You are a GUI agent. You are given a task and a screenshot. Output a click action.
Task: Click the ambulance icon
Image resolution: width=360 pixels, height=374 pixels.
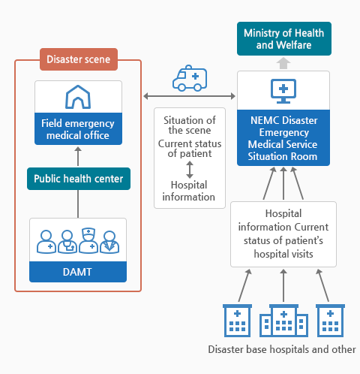point(190,78)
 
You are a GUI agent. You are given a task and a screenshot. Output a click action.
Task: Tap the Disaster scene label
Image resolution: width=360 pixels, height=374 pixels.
point(79,59)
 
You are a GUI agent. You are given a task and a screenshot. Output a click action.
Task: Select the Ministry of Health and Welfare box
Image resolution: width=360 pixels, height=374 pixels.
point(284,39)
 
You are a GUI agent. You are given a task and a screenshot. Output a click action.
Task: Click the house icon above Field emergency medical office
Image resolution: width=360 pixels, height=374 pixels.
point(78,97)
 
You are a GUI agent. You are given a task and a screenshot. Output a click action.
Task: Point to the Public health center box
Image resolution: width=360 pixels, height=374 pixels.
point(79,179)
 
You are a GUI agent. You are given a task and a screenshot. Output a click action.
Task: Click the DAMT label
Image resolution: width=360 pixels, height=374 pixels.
point(78,272)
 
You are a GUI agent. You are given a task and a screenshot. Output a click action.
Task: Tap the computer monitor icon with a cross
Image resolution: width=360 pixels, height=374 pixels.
point(283,91)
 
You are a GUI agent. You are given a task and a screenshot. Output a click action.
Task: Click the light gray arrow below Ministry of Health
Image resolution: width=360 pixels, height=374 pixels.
point(283,63)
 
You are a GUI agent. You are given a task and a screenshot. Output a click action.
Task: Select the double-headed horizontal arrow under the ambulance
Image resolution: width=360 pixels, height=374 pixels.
point(189,96)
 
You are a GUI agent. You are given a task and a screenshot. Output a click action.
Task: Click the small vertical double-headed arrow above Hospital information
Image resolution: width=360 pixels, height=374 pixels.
point(190,170)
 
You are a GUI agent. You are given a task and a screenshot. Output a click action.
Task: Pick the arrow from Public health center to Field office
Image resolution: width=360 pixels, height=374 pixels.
point(78,156)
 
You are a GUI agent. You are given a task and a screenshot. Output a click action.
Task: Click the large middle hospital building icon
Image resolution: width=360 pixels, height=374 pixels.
point(283,321)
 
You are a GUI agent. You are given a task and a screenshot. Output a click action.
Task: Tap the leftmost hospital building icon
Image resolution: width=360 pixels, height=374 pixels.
point(237,321)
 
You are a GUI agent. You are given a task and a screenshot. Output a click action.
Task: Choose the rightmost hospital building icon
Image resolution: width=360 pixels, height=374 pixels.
point(330,321)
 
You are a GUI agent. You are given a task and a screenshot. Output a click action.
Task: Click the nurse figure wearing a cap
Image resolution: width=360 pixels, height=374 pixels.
point(88,240)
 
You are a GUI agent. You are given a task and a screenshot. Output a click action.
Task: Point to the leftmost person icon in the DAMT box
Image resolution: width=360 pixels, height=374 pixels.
point(46,242)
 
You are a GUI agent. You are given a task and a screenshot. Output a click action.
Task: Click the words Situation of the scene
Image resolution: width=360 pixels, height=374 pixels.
point(190,125)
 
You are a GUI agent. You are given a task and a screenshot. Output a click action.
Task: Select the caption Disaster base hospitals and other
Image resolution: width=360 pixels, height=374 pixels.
point(282,349)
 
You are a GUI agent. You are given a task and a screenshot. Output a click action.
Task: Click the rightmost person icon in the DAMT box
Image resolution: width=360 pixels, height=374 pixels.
point(109,243)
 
